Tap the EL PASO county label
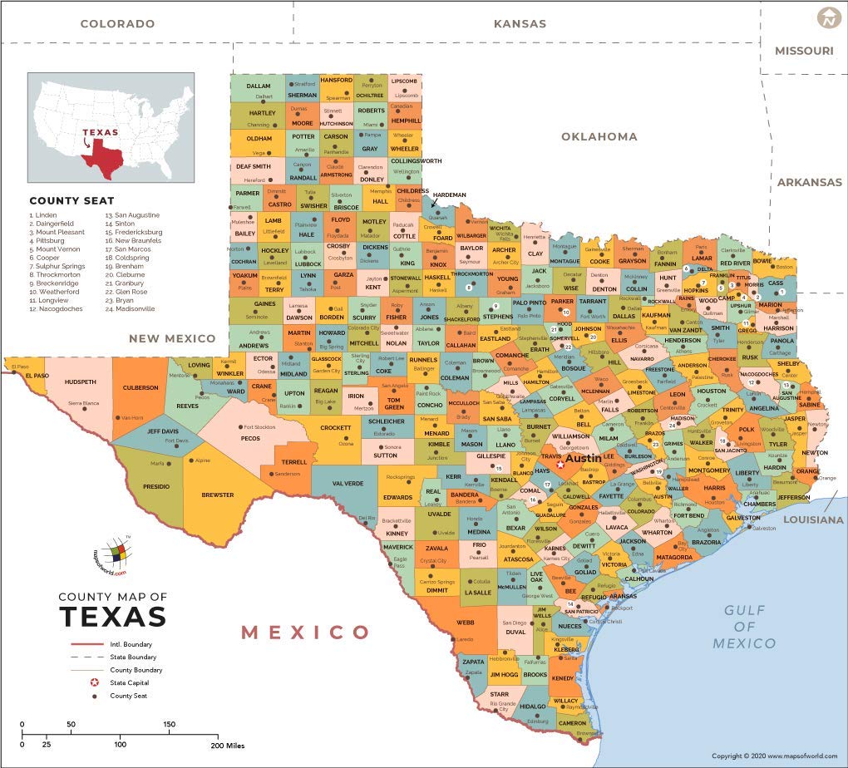click(37, 376)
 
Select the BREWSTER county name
click(218, 495)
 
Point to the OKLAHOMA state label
click(599, 136)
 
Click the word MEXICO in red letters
click(305, 633)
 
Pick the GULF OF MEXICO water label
click(744, 627)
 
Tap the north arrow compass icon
click(828, 17)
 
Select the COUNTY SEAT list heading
click(71, 200)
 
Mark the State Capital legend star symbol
click(95, 682)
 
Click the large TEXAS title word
click(112, 617)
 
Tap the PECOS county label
click(249, 438)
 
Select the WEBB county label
click(465, 622)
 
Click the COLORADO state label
click(117, 24)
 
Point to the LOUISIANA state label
click(812, 519)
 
